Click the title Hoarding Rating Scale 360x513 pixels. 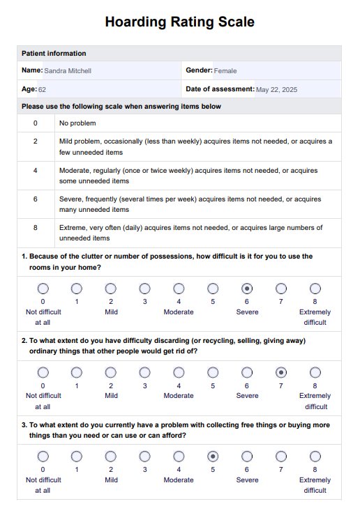tap(179, 22)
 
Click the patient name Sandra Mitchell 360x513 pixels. tap(68, 70)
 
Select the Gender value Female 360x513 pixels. tap(225, 70)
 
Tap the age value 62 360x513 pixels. tap(42, 90)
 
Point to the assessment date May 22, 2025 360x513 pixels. tap(276, 90)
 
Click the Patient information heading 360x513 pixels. tap(54, 54)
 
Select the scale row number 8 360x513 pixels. tap(36, 227)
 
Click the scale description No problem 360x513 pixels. tap(77, 123)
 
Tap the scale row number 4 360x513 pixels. tap(36, 170)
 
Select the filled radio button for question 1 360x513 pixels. tap(247, 289)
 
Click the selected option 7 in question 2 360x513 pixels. tap(281, 372)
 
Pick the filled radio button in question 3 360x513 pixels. tap(213, 457)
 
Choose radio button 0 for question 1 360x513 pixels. tap(43, 289)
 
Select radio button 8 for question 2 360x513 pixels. tap(315, 372)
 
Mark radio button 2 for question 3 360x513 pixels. tap(111, 457)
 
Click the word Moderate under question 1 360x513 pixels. tap(179, 312)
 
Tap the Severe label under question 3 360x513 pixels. tap(247, 480)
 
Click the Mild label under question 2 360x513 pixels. tap(111, 395)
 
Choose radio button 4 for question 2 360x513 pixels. tap(179, 372)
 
